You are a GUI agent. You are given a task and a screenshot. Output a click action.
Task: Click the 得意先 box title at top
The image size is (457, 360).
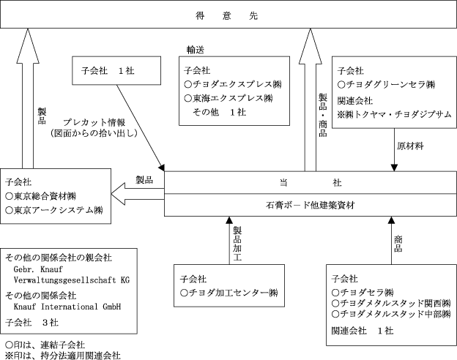[x=226, y=15]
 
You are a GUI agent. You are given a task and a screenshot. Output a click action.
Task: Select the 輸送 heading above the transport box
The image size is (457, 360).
[x=196, y=50]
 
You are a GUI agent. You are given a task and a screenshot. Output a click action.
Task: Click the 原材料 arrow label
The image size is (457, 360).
[x=410, y=146]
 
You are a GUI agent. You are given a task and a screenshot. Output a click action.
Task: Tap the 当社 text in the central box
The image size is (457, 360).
[x=311, y=183]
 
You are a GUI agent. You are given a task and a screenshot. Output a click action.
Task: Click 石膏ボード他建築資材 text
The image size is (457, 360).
[x=310, y=205]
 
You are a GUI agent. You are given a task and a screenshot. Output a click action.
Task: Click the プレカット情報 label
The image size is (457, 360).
[x=94, y=122]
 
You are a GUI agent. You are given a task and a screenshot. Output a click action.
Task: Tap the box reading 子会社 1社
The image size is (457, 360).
[x=116, y=70]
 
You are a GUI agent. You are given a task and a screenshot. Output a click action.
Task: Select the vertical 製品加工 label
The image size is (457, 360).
[x=237, y=244]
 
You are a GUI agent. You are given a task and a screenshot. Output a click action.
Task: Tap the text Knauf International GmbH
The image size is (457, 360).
[x=67, y=307]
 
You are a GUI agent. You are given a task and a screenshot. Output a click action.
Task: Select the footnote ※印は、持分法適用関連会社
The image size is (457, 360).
[x=63, y=356]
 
